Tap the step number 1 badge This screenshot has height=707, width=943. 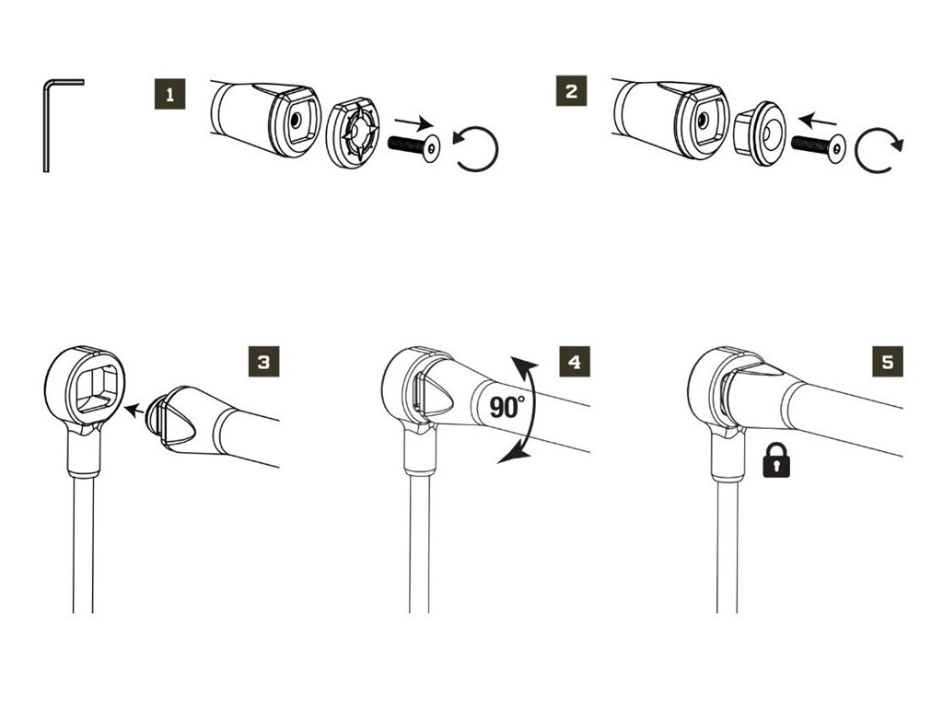169,93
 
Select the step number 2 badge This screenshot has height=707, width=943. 573,92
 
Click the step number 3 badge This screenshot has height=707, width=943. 263,362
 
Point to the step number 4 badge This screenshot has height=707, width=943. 574,362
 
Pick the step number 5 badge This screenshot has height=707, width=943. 887,362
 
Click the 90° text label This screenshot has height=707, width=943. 506,406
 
